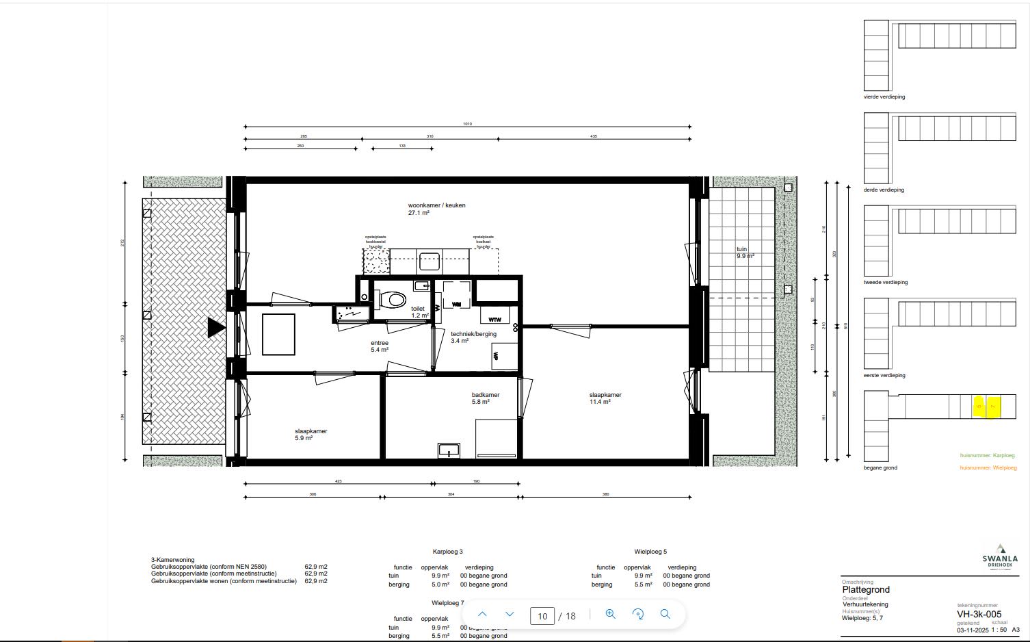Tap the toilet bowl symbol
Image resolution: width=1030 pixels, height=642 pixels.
point(393,300)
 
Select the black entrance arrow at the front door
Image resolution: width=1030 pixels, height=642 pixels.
point(217,328)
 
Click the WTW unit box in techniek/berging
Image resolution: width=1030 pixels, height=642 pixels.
point(494,319)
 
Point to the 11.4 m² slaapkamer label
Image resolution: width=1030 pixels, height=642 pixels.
point(605,398)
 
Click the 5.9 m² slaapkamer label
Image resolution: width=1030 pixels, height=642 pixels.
point(311,435)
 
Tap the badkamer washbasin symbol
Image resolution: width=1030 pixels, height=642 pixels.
point(449,450)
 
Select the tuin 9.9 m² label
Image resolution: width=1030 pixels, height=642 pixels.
point(745,253)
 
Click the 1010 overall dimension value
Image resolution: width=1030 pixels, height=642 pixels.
point(467,124)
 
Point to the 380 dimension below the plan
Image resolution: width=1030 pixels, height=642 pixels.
point(605,494)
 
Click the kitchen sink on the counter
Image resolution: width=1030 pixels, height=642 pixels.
point(429,261)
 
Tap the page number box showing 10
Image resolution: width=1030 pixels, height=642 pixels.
point(542,616)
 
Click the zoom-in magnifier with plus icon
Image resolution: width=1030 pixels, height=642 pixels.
point(611,614)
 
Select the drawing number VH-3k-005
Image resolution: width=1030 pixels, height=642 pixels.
point(979,614)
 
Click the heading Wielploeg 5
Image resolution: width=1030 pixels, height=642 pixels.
point(650,552)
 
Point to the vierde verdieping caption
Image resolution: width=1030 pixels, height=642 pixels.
point(884,97)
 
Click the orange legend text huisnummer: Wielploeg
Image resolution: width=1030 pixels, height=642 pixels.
point(988,468)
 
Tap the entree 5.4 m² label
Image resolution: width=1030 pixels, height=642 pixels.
point(380,346)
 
